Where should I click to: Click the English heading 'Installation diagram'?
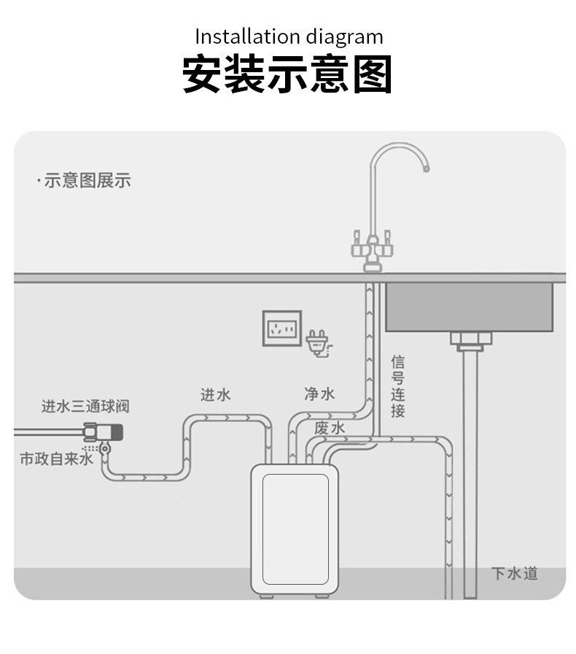click(288, 36)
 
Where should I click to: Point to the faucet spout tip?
click(425, 169)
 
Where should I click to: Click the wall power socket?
click(281, 328)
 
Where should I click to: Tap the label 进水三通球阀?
click(85, 406)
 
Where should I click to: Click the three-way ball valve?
click(104, 433)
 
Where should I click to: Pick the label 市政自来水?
click(56, 459)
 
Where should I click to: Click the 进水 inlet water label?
click(216, 394)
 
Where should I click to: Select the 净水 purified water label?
click(319, 394)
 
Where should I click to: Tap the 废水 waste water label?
click(330, 428)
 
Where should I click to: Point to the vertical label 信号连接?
click(397, 386)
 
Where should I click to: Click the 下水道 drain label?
click(514, 573)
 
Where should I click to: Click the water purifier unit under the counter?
click(295, 529)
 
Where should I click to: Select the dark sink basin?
click(469, 306)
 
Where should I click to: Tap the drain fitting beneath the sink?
click(470, 340)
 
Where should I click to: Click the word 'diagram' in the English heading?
click(344, 36)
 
